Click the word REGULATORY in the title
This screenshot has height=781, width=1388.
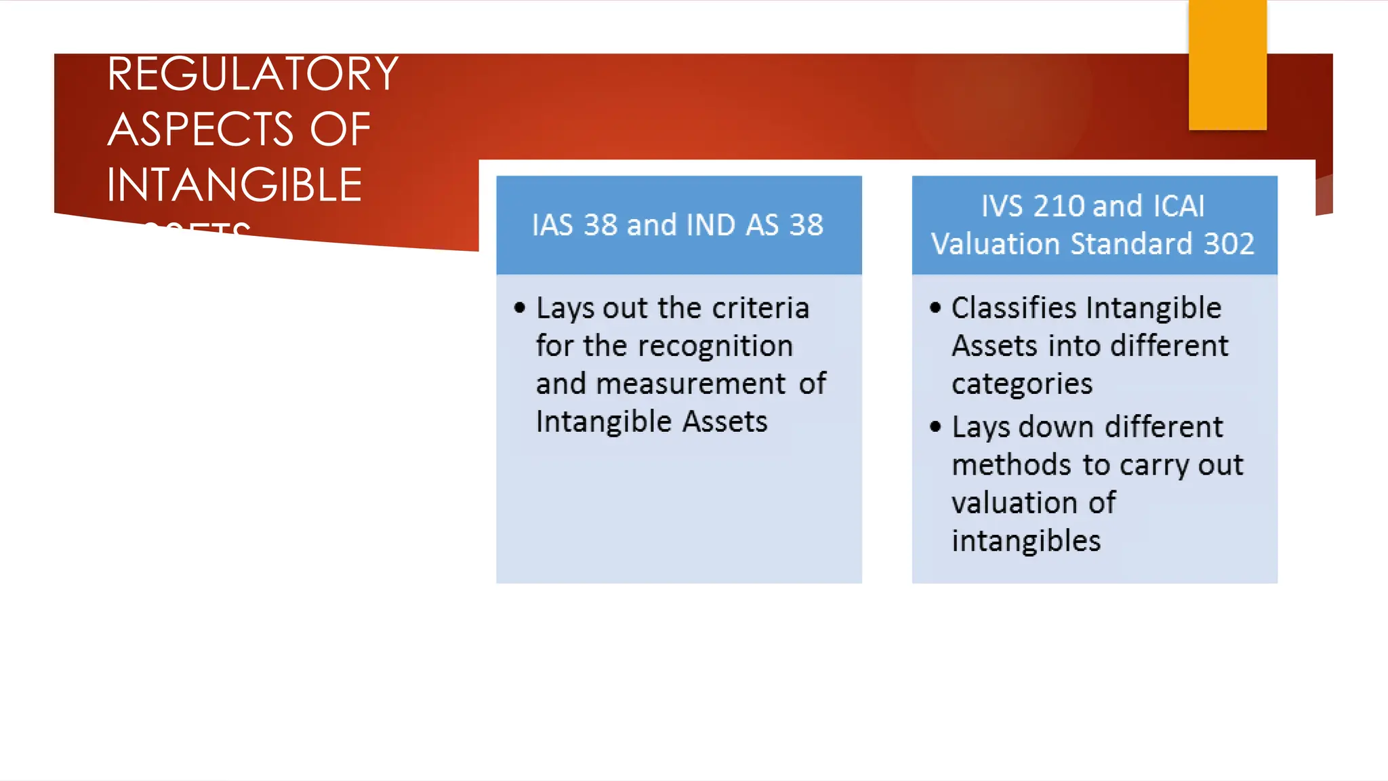[252, 74]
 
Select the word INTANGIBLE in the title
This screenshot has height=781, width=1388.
[234, 185]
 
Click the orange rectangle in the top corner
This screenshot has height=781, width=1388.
[1227, 64]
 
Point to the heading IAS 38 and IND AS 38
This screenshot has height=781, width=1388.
[677, 225]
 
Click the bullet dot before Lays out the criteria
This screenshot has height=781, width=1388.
[520, 308]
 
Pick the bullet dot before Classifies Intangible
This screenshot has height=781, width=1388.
[935, 308]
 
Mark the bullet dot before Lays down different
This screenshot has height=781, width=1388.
[935, 427]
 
